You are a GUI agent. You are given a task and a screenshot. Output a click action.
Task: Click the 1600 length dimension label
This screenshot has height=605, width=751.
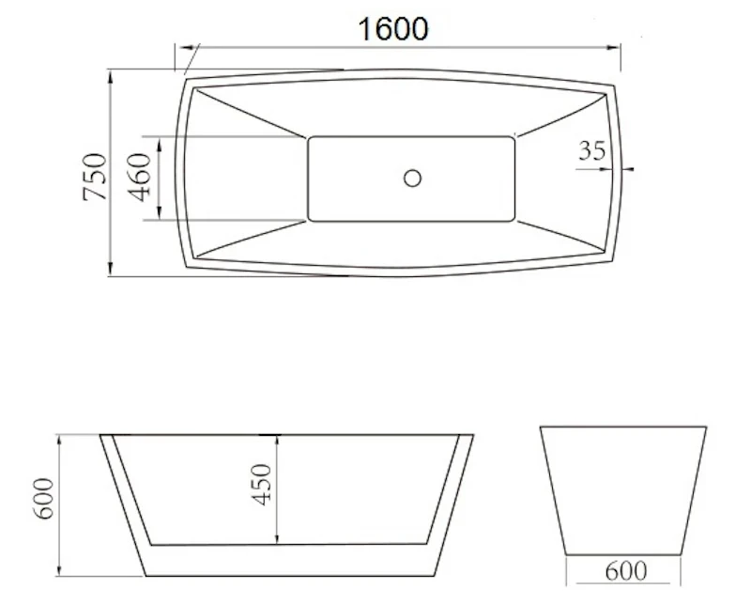coord(393,29)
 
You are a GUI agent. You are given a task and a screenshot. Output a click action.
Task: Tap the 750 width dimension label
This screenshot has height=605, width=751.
coord(95,177)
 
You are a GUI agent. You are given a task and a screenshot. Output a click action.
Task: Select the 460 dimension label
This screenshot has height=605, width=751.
coord(139,177)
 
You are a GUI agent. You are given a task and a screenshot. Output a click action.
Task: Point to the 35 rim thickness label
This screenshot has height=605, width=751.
coord(592,150)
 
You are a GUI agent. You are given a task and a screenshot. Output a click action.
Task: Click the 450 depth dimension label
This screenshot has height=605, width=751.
coord(262,484)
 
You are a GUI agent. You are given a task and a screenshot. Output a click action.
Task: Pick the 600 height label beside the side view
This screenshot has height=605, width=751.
coord(44,499)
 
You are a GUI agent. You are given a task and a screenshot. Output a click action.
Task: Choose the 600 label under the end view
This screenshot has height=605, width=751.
coord(626,571)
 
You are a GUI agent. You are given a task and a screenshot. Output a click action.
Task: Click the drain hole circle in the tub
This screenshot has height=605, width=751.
coord(412,178)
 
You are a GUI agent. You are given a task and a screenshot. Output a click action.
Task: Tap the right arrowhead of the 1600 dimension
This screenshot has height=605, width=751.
coord(614,48)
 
